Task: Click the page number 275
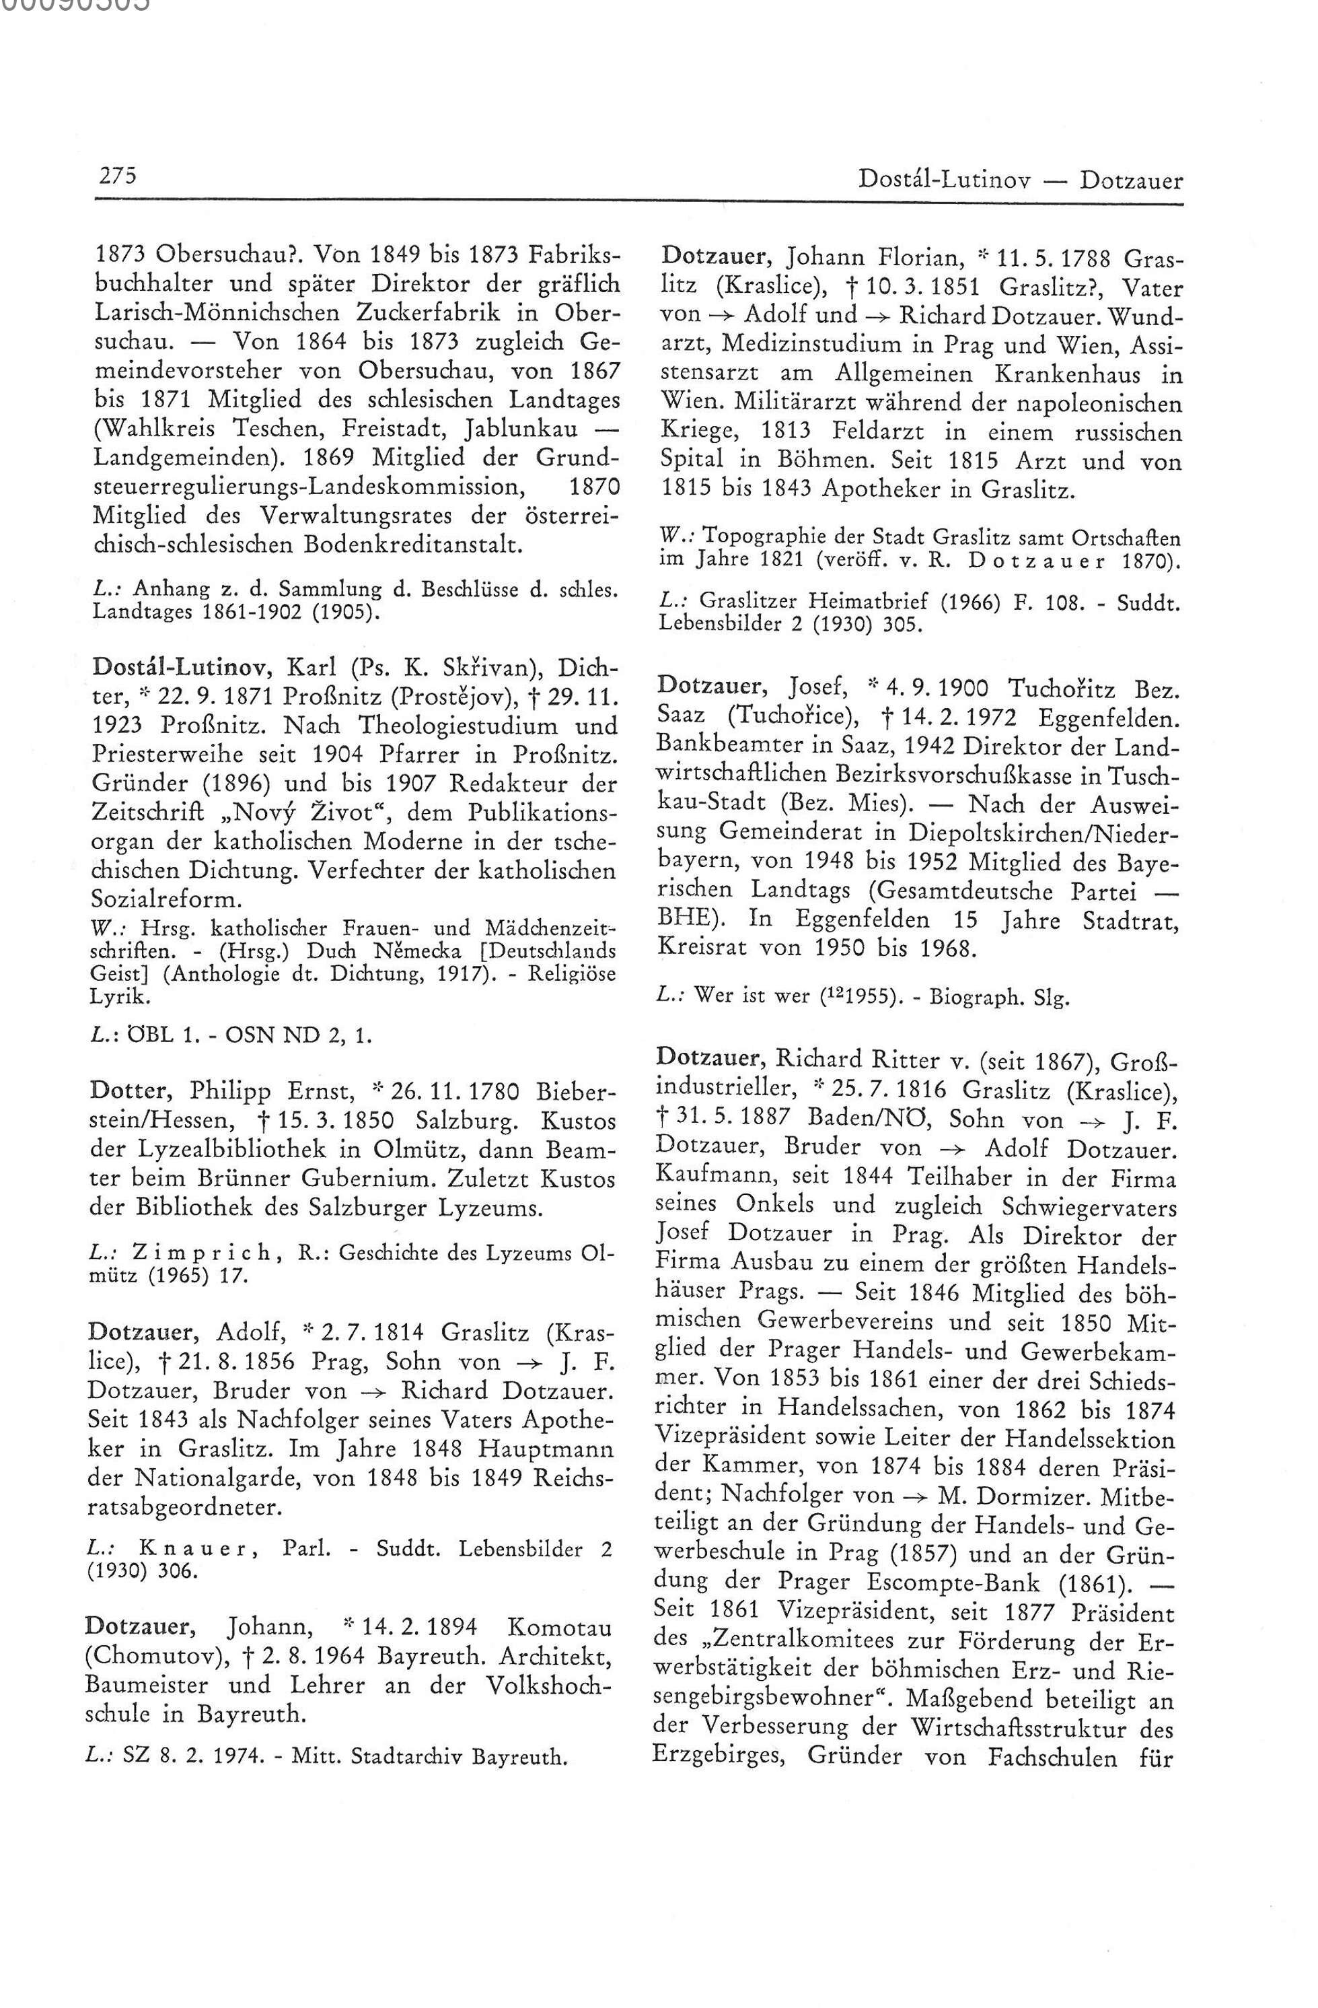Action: (x=118, y=176)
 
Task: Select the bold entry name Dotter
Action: (x=131, y=1092)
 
